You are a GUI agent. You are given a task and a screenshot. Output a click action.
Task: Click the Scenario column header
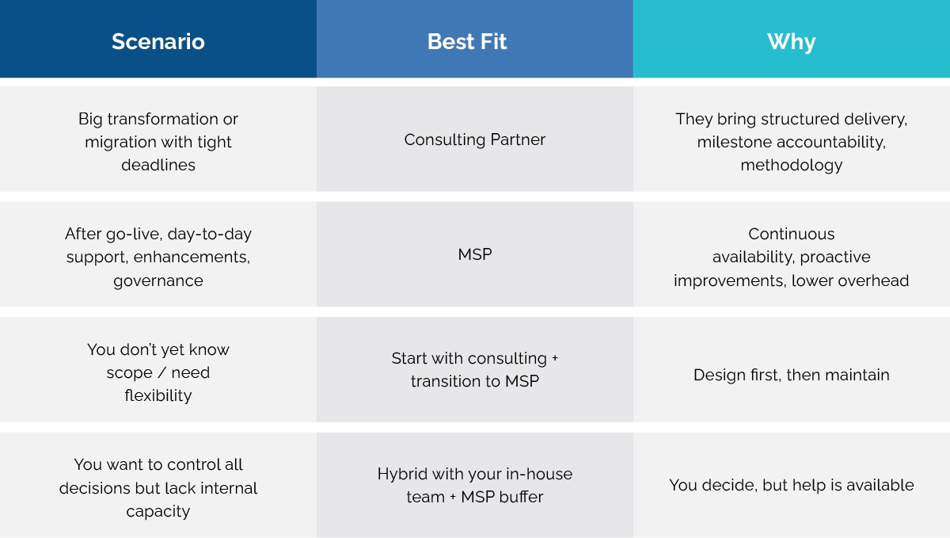pos(158,42)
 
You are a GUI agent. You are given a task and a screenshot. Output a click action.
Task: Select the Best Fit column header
pos(467,42)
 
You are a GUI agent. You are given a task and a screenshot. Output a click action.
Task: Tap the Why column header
pos(791,42)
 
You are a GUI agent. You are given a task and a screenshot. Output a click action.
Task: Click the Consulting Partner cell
pos(475,140)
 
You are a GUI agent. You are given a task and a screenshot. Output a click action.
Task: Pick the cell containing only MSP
pos(475,255)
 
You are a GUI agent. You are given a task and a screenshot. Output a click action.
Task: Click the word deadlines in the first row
pos(158,166)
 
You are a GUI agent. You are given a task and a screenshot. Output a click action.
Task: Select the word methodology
pos(792,166)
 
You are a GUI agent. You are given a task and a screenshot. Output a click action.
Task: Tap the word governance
pos(158,280)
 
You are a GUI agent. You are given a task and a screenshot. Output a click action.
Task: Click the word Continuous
pos(792,235)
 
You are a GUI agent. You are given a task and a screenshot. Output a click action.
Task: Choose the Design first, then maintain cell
pos(792,375)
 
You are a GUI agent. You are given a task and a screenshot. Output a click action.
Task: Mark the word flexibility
pos(158,395)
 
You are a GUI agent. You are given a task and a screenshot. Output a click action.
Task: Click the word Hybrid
pos(402,475)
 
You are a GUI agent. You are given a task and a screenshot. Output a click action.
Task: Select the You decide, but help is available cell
pos(792,485)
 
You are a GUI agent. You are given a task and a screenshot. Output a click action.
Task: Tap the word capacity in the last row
pos(158,511)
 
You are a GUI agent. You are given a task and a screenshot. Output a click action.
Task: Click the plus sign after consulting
pos(555,358)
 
